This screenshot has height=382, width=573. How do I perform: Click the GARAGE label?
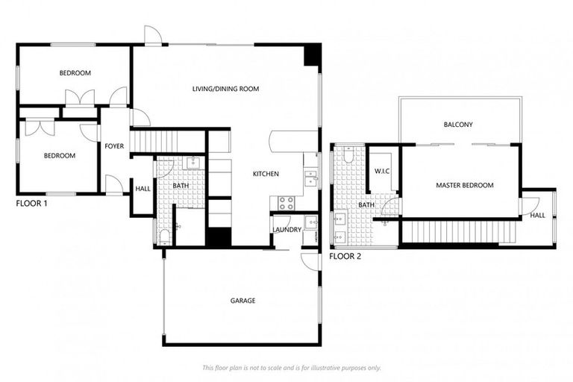(242, 301)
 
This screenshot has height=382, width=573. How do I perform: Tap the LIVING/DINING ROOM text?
(225, 89)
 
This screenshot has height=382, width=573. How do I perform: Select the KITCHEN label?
(266, 174)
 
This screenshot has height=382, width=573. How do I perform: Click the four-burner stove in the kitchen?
(286, 201)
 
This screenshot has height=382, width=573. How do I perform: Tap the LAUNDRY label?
(286, 230)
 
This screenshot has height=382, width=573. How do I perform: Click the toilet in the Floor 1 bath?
(164, 237)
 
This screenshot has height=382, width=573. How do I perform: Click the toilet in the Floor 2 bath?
(348, 155)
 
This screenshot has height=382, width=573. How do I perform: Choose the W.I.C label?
(383, 172)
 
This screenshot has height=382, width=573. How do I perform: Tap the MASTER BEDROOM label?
(464, 185)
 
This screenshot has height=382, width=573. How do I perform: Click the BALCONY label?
(458, 125)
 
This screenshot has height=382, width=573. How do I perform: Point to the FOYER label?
(114, 146)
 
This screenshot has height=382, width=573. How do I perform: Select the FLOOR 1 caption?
(31, 203)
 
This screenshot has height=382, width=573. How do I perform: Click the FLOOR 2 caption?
(345, 256)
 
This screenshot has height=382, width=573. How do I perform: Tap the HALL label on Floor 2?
(537, 216)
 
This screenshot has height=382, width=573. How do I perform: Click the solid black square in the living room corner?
(312, 54)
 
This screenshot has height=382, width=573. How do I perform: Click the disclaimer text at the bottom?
(291, 367)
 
